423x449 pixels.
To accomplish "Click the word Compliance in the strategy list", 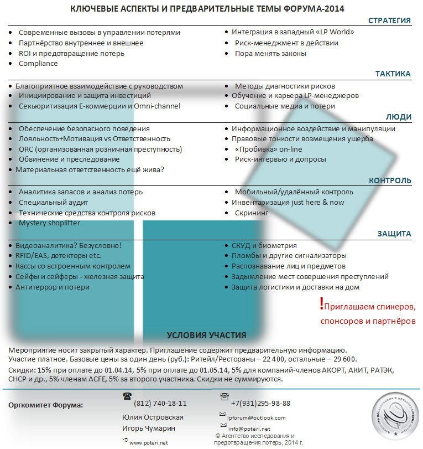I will [38, 64].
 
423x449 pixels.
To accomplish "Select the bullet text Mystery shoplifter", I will [49, 223].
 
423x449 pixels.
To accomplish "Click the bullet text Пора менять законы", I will [270, 54].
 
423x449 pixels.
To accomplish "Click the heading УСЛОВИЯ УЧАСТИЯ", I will [206, 336].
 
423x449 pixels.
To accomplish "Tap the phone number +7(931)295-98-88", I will [260, 404].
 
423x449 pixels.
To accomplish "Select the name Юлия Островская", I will [153, 417].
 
